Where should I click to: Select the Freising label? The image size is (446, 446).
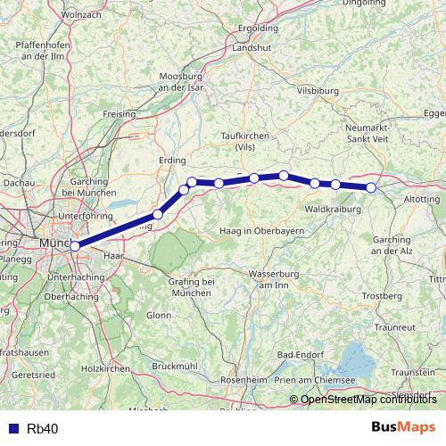pos(119,114)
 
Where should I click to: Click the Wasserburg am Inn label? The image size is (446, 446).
pos(256,278)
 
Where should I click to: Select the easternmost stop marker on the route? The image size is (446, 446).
pos(372,187)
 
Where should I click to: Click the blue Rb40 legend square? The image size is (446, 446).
pos(11,429)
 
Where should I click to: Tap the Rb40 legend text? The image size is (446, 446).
pos(43,429)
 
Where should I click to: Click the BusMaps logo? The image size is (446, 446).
pos(404,428)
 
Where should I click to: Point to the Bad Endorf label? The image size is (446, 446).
pos(302,355)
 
